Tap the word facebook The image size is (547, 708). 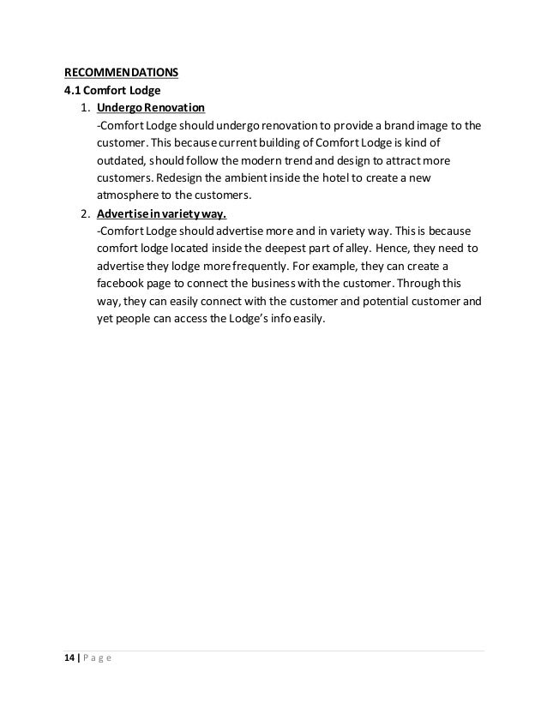point(124,284)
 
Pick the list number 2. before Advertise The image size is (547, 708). point(85,213)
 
